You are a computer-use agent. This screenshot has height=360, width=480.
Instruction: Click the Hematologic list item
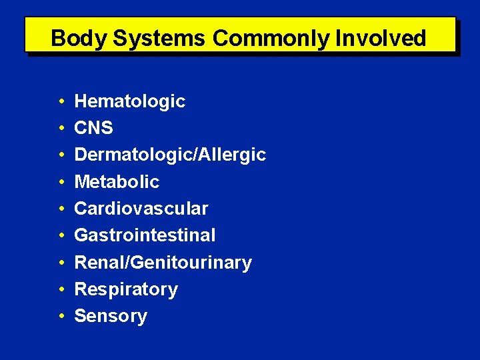pyautogui.click(x=129, y=101)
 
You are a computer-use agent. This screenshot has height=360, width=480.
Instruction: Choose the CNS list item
pyautogui.click(x=93, y=128)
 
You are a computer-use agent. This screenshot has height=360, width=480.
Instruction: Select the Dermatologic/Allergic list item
pyautogui.click(x=170, y=155)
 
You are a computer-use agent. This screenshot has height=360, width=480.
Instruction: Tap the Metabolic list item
pyautogui.click(x=117, y=182)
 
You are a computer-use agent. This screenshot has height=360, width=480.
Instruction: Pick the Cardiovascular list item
pyautogui.click(x=141, y=209)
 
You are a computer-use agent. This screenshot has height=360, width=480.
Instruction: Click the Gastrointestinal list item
pyautogui.click(x=145, y=235)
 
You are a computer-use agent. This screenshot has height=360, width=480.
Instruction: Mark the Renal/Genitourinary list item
pyautogui.click(x=163, y=263)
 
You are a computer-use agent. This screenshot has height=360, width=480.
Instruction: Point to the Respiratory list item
pyautogui.click(x=126, y=289)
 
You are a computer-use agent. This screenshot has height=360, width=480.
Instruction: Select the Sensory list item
pyautogui.click(x=111, y=316)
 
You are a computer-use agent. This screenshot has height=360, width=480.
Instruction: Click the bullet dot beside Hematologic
pyautogui.click(x=61, y=102)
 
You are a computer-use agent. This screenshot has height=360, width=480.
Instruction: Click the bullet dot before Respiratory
pyautogui.click(x=61, y=290)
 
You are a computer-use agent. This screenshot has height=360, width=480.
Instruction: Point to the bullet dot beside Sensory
pyautogui.click(x=61, y=317)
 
